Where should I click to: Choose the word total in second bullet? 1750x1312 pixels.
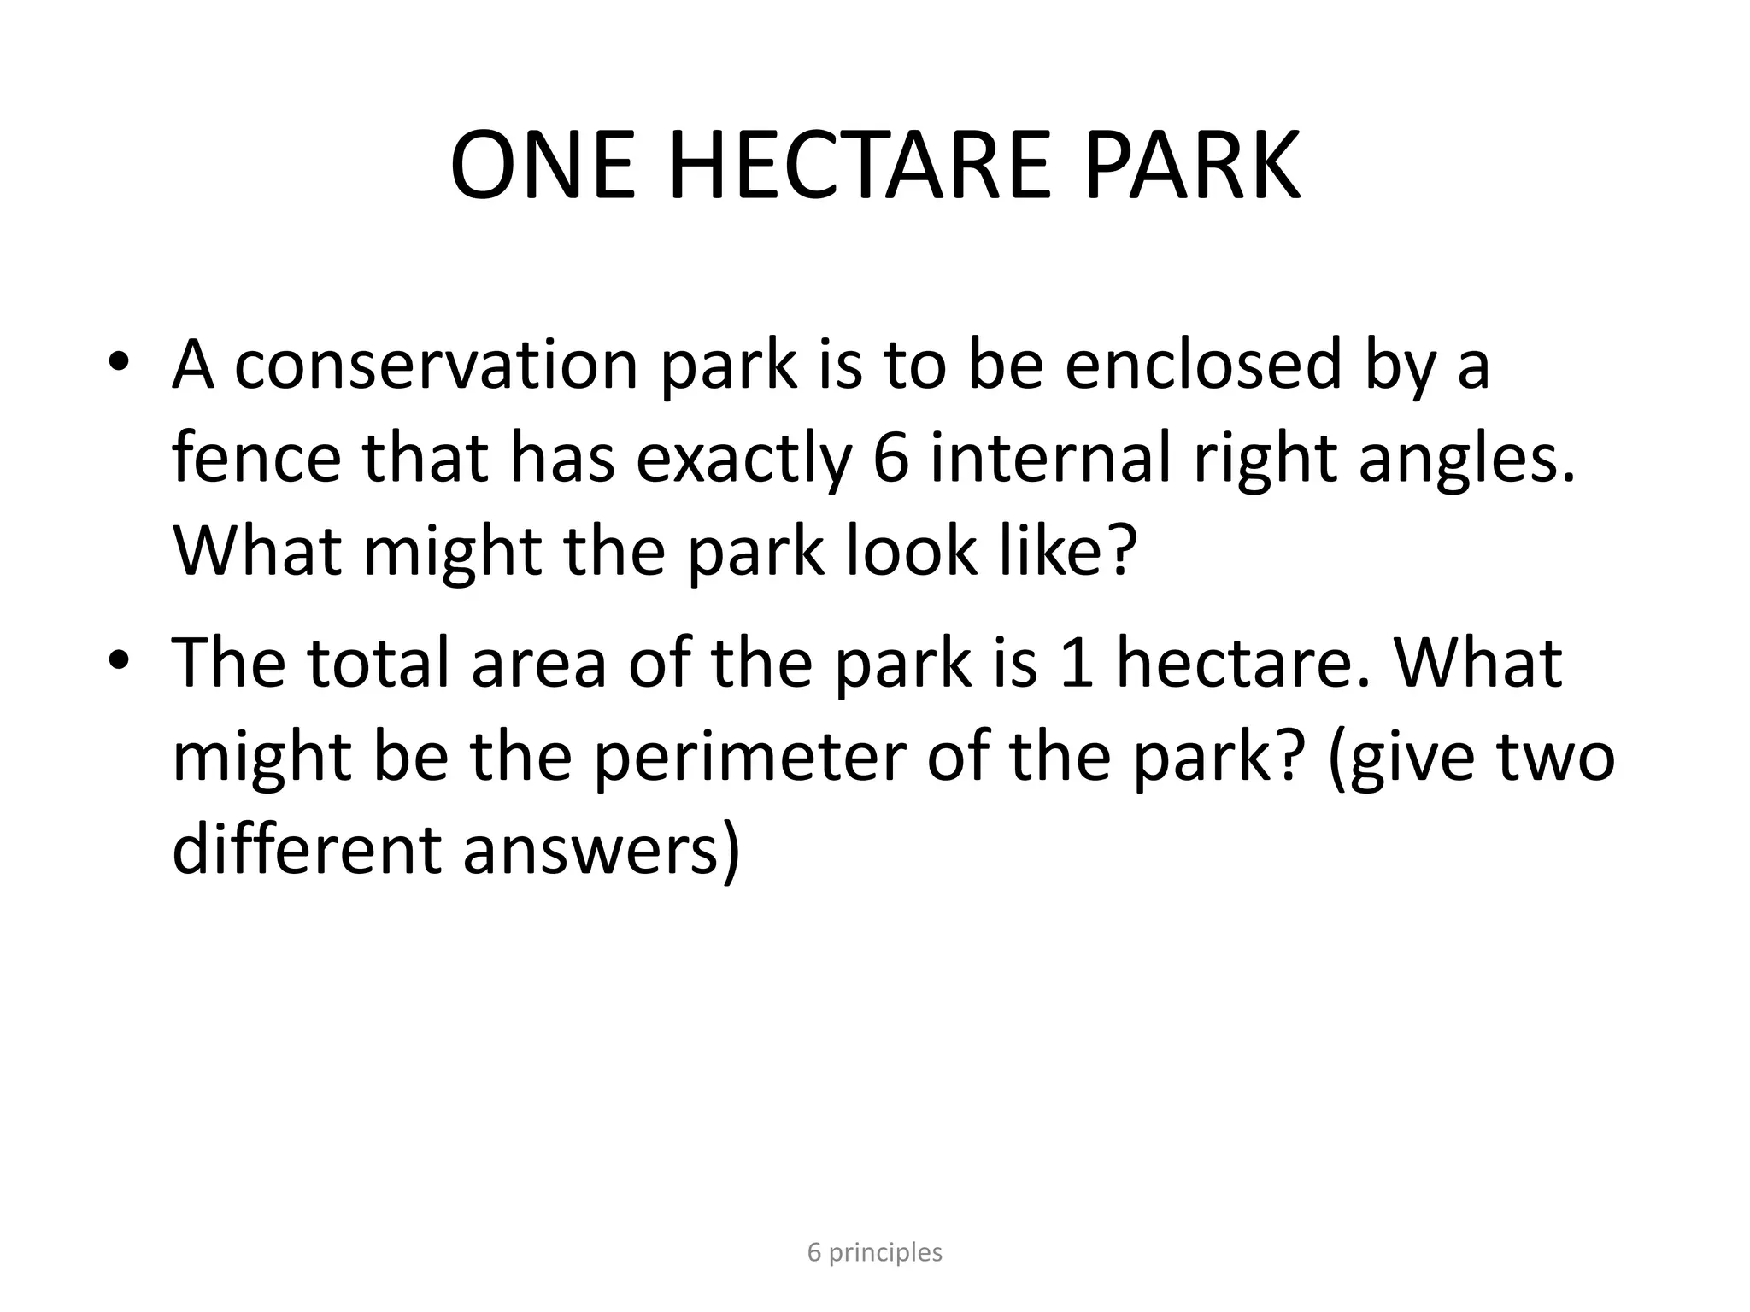click(x=379, y=662)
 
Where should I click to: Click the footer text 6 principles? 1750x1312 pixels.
click(x=874, y=1253)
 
